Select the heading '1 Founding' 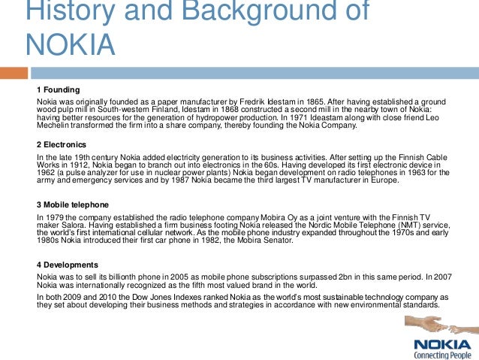59,89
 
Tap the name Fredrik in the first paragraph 220,101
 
